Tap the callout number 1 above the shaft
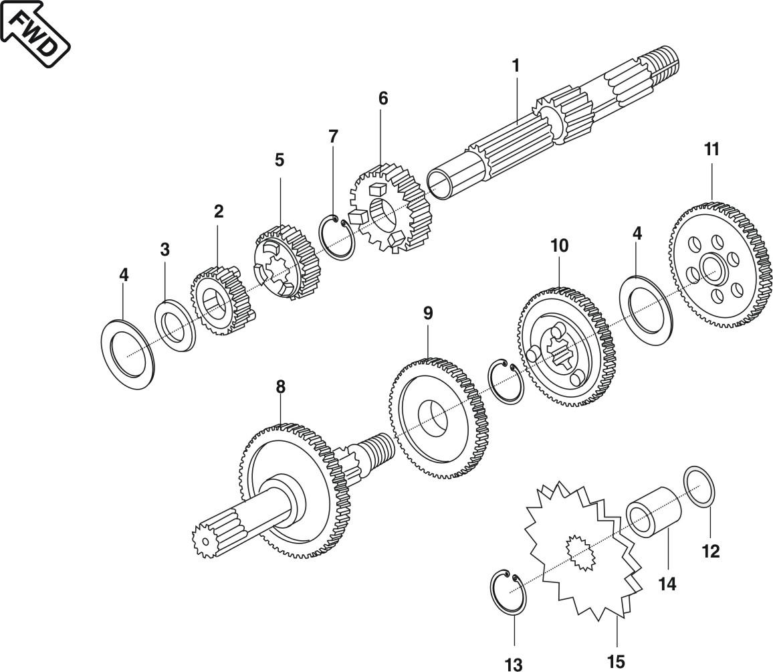pos(516,66)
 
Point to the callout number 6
pos(382,98)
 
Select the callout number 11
pos(711,149)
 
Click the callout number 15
pos(616,661)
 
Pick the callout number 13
pos(513,664)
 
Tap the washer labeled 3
pos(175,327)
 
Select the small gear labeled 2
pos(215,302)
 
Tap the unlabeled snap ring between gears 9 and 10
pos(506,381)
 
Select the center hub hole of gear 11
pos(712,270)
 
